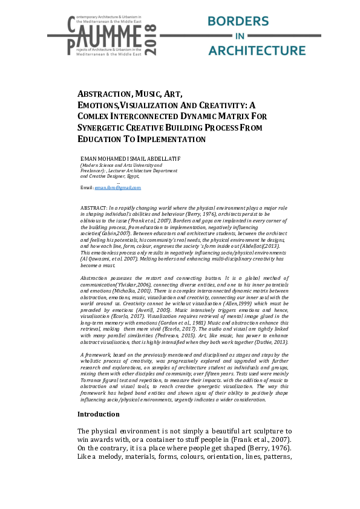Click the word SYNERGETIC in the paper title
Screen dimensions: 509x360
(101, 128)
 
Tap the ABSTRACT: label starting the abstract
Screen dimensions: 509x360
(94, 207)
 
